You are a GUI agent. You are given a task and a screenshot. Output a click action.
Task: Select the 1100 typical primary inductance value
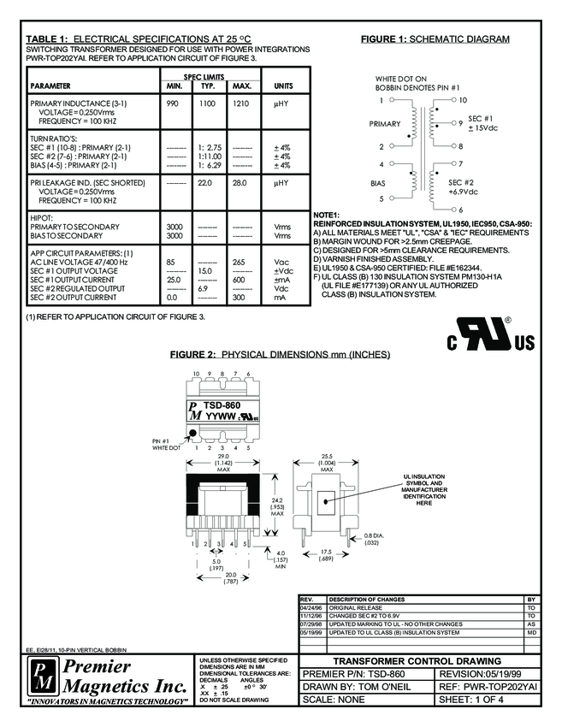pos(207,103)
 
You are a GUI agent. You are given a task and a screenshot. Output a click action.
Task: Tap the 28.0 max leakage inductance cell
pos(241,182)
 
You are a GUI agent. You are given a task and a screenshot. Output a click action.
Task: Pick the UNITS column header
pos(282,86)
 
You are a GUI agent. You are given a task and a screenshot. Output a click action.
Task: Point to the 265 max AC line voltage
pos(240,262)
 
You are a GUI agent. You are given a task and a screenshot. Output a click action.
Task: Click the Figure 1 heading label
pos(435,39)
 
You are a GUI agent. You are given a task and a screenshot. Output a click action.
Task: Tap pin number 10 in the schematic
pos(463,100)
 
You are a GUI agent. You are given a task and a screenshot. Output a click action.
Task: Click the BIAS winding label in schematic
pos(379,182)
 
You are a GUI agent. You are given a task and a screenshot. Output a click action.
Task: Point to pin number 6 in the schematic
pos(460,210)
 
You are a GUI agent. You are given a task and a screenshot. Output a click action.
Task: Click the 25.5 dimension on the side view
pos(326,456)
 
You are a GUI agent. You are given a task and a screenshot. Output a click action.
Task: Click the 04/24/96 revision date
pos(309,607)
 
